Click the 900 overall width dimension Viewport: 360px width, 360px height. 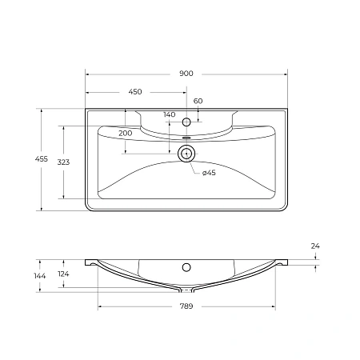(186, 74)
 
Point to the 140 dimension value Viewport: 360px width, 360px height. (169, 114)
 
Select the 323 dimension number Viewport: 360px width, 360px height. (63, 162)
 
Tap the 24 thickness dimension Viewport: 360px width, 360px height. (315, 246)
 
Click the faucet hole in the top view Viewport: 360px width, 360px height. (186, 122)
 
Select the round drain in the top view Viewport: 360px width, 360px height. (186, 154)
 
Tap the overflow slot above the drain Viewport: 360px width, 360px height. (186, 138)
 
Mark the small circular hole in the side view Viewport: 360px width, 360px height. (186, 266)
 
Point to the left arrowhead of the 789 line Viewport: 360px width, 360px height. (99, 306)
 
